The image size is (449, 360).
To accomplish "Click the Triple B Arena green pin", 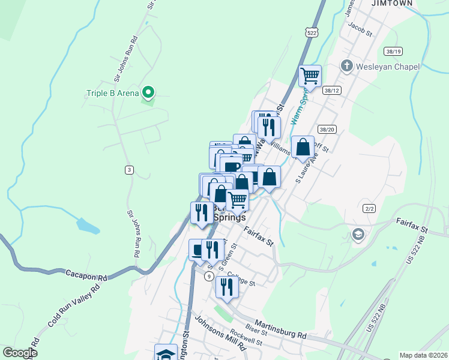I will coord(148,93).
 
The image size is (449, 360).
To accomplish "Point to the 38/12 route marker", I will coord(331,90).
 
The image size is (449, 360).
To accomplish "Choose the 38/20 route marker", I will coord(327,129).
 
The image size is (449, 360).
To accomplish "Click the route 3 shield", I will coord(129,170).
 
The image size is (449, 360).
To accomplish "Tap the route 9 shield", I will coord(208,276).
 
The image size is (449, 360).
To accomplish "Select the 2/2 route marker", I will coord(369,208).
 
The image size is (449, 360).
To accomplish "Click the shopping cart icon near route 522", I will coord(310,76).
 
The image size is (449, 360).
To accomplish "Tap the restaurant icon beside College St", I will coord(227,287).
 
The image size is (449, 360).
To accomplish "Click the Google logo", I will coord(20,353).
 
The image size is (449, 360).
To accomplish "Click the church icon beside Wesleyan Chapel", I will coord(347,65).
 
